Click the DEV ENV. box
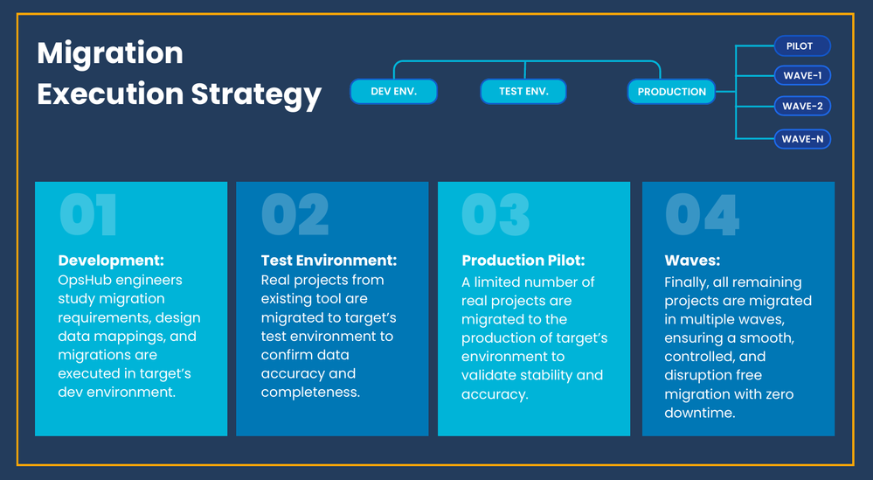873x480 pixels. (393, 91)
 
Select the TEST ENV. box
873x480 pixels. (523, 91)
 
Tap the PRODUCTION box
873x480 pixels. (671, 92)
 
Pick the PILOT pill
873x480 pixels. (802, 46)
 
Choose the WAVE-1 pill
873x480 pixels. (802, 76)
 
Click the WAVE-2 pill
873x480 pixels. (802, 106)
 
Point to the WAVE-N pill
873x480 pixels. (802, 139)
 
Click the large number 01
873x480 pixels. (88, 215)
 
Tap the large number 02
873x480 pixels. (295, 215)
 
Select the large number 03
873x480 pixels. (495, 215)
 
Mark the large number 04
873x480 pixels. (702, 215)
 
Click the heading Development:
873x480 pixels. (111, 261)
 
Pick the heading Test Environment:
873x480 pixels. (329, 261)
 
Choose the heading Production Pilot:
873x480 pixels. (523, 261)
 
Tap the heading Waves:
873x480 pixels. (692, 261)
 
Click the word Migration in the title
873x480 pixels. (110, 54)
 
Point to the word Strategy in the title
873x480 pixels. (257, 94)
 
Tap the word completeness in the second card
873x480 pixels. (311, 393)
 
